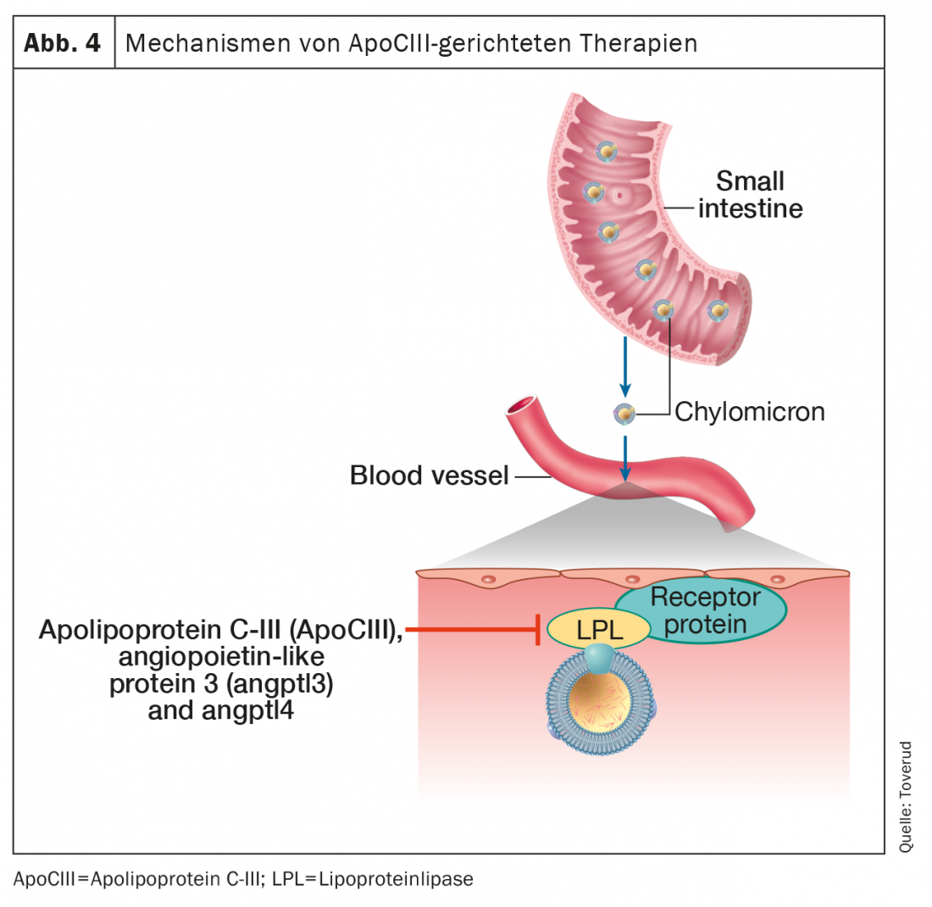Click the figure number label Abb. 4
63,43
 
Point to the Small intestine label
750,194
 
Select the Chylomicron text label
749,413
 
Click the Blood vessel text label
429,476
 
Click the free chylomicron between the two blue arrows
624,414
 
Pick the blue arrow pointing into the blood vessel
624,459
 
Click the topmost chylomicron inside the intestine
607,153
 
